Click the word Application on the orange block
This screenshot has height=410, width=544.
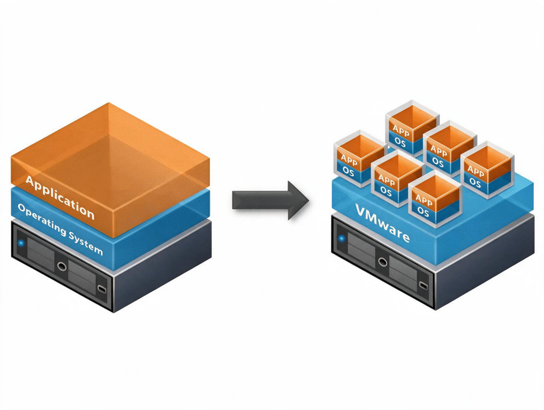(x=60, y=197)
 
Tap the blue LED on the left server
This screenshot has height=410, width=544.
(x=22, y=243)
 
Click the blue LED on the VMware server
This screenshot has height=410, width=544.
(x=342, y=239)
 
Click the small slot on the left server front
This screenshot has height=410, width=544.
(x=102, y=289)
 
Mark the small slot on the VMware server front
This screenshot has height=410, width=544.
(x=423, y=286)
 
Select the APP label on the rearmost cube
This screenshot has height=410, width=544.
(x=401, y=131)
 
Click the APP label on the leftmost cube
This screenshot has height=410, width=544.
(x=349, y=160)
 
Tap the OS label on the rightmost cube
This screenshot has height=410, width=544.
(x=475, y=183)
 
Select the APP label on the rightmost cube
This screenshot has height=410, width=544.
(x=476, y=171)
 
